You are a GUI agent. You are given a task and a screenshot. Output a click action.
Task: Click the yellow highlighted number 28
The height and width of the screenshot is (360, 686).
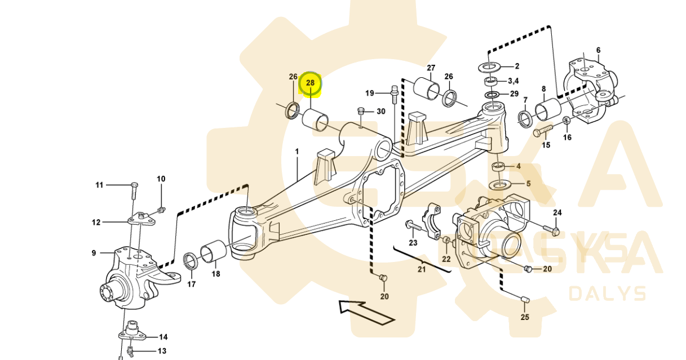pyautogui.click(x=310, y=83)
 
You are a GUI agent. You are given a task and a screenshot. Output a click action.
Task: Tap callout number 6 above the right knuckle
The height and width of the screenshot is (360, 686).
pyautogui.click(x=598, y=50)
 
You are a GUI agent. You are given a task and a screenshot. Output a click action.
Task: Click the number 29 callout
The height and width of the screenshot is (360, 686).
pyautogui.click(x=514, y=94)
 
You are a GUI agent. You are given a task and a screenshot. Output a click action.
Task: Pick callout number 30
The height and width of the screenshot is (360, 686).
pyautogui.click(x=381, y=112)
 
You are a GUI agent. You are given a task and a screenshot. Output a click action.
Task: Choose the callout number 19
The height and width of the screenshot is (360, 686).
pyautogui.click(x=370, y=93)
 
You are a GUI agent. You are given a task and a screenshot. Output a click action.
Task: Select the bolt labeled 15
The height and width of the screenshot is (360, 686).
pyautogui.click(x=543, y=132)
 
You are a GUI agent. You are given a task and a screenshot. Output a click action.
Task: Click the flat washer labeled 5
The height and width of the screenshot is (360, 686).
pyautogui.click(x=499, y=184)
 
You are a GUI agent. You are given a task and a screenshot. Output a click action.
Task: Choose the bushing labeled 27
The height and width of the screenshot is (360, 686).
pyautogui.click(x=427, y=88)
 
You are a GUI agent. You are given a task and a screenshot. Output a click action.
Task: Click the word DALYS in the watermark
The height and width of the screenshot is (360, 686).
pyautogui.click(x=607, y=294)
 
